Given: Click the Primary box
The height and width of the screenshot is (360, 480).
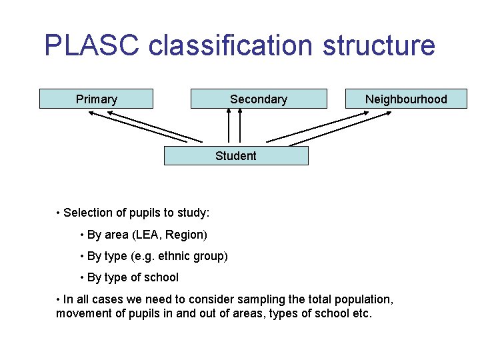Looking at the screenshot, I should click(x=97, y=99).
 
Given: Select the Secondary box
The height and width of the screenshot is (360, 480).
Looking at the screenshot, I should click(x=259, y=99).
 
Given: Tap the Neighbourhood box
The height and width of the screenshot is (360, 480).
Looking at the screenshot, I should click(x=406, y=99).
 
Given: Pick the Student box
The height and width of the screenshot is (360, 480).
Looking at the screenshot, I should click(x=236, y=155).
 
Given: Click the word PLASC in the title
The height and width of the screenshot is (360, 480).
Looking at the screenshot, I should click(x=92, y=45).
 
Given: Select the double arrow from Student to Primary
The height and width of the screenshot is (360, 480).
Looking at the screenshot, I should click(x=145, y=127).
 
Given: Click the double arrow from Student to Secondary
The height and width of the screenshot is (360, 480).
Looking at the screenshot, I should click(x=235, y=126).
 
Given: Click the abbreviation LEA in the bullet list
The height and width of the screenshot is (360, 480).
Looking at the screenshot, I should click(x=147, y=235).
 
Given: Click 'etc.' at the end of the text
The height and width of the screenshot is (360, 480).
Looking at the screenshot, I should click(x=361, y=313).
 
